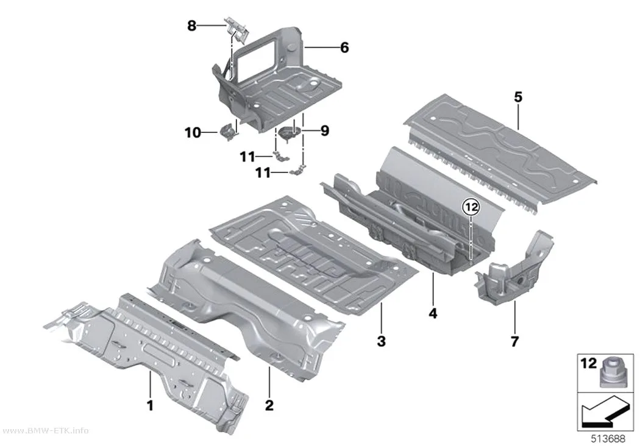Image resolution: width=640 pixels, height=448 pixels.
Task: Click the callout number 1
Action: coord(150,405)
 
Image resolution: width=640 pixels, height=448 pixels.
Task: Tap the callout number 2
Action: coord(269,405)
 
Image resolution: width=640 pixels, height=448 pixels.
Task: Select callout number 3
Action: coord(381,341)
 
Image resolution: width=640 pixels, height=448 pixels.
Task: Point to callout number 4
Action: coord(433,313)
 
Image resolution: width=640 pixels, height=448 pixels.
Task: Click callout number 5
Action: coord(518,97)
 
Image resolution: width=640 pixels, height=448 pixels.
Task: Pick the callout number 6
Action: coord(344,48)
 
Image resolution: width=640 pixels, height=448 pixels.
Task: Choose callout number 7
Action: coord(514,341)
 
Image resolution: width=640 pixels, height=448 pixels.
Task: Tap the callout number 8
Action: coord(192,26)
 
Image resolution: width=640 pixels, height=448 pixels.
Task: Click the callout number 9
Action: coord(324,131)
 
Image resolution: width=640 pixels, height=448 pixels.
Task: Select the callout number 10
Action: coord(193,133)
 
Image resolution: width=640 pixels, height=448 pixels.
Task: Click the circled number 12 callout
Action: coord(471,207)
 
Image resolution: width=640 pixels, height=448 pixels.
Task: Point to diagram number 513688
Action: coord(608,439)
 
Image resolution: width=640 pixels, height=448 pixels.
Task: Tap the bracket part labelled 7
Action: coord(515,271)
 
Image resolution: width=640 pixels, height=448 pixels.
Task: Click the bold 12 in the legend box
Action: coord(588,363)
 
